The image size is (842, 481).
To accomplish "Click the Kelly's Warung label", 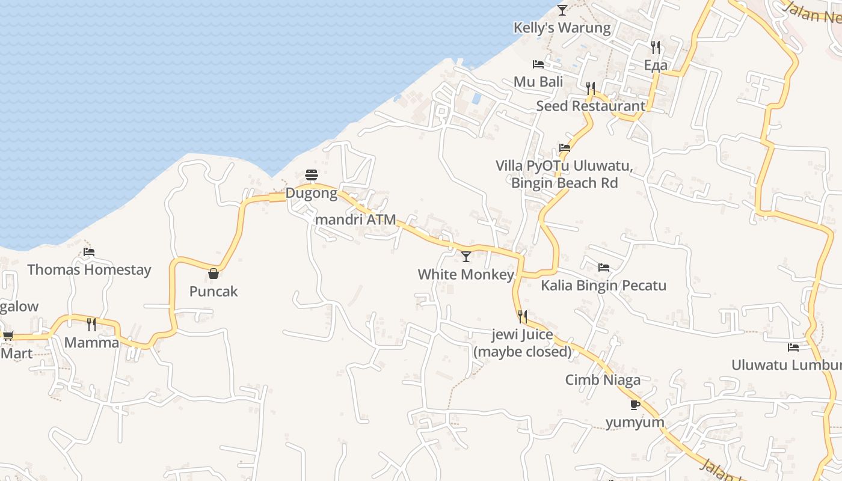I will click(x=562, y=28).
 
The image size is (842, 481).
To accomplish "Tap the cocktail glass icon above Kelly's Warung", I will click(x=562, y=10).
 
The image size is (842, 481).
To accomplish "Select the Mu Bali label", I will click(x=538, y=82).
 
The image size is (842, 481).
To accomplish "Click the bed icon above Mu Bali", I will click(x=538, y=64).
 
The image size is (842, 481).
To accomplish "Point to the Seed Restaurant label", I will click(x=590, y=106).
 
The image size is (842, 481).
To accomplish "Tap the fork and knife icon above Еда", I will click(x=656, y=47).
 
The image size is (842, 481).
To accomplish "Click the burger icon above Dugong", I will click(x=312, y=175).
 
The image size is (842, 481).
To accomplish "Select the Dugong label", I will click(x=312, y=194).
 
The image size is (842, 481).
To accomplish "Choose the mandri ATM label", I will click(x=355, y=219).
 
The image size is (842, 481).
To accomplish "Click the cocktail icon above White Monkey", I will click(x=466, y=257).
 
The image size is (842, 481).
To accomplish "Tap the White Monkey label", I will click(x=466, y=275).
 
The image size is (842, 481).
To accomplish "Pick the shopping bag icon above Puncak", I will click(x=214, y=274).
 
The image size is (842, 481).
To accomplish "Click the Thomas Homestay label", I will click(x=89, y=270).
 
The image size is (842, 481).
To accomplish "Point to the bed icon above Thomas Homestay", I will click(x=89, y=252).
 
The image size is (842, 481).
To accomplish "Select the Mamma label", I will click(x=91, y=343).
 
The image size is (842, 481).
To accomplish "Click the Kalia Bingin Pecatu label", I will click(x=603, y=285).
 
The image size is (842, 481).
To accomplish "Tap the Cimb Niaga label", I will click(x=603, y=380).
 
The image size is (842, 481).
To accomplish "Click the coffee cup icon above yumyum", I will click(x=635, y=405).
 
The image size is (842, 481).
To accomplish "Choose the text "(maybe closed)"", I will click(x=523, y=352).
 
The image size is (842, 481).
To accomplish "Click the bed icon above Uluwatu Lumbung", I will click(x=793, y=347).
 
